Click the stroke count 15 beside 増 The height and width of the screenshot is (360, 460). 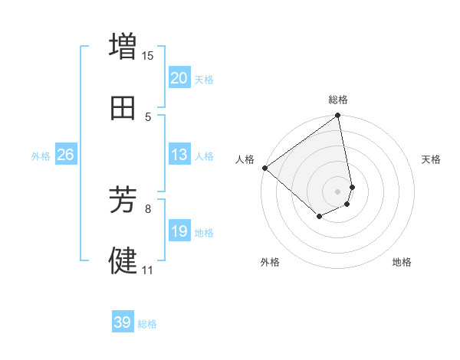[148, 55]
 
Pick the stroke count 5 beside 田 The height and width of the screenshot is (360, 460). [148, 117]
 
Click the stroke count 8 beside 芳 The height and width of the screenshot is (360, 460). [148, 208]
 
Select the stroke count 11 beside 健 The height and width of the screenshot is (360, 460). [148, 270]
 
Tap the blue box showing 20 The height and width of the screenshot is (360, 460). [179, 78]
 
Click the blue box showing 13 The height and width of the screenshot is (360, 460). [179, 155]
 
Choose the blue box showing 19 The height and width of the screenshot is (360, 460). [179, 231]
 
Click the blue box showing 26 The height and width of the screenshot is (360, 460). [66, 155]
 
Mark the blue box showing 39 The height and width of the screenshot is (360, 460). [123, 322]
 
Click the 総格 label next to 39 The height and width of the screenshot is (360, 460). [148, 324]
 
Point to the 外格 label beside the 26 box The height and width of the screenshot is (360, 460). [41, 156]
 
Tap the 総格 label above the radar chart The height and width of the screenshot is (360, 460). [338, 100]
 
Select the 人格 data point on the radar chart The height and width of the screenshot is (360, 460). [264, 168]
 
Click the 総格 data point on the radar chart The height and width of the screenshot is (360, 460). [338, 116]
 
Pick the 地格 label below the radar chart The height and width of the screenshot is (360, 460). [402, 263]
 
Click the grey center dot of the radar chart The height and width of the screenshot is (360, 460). [338, 191]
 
